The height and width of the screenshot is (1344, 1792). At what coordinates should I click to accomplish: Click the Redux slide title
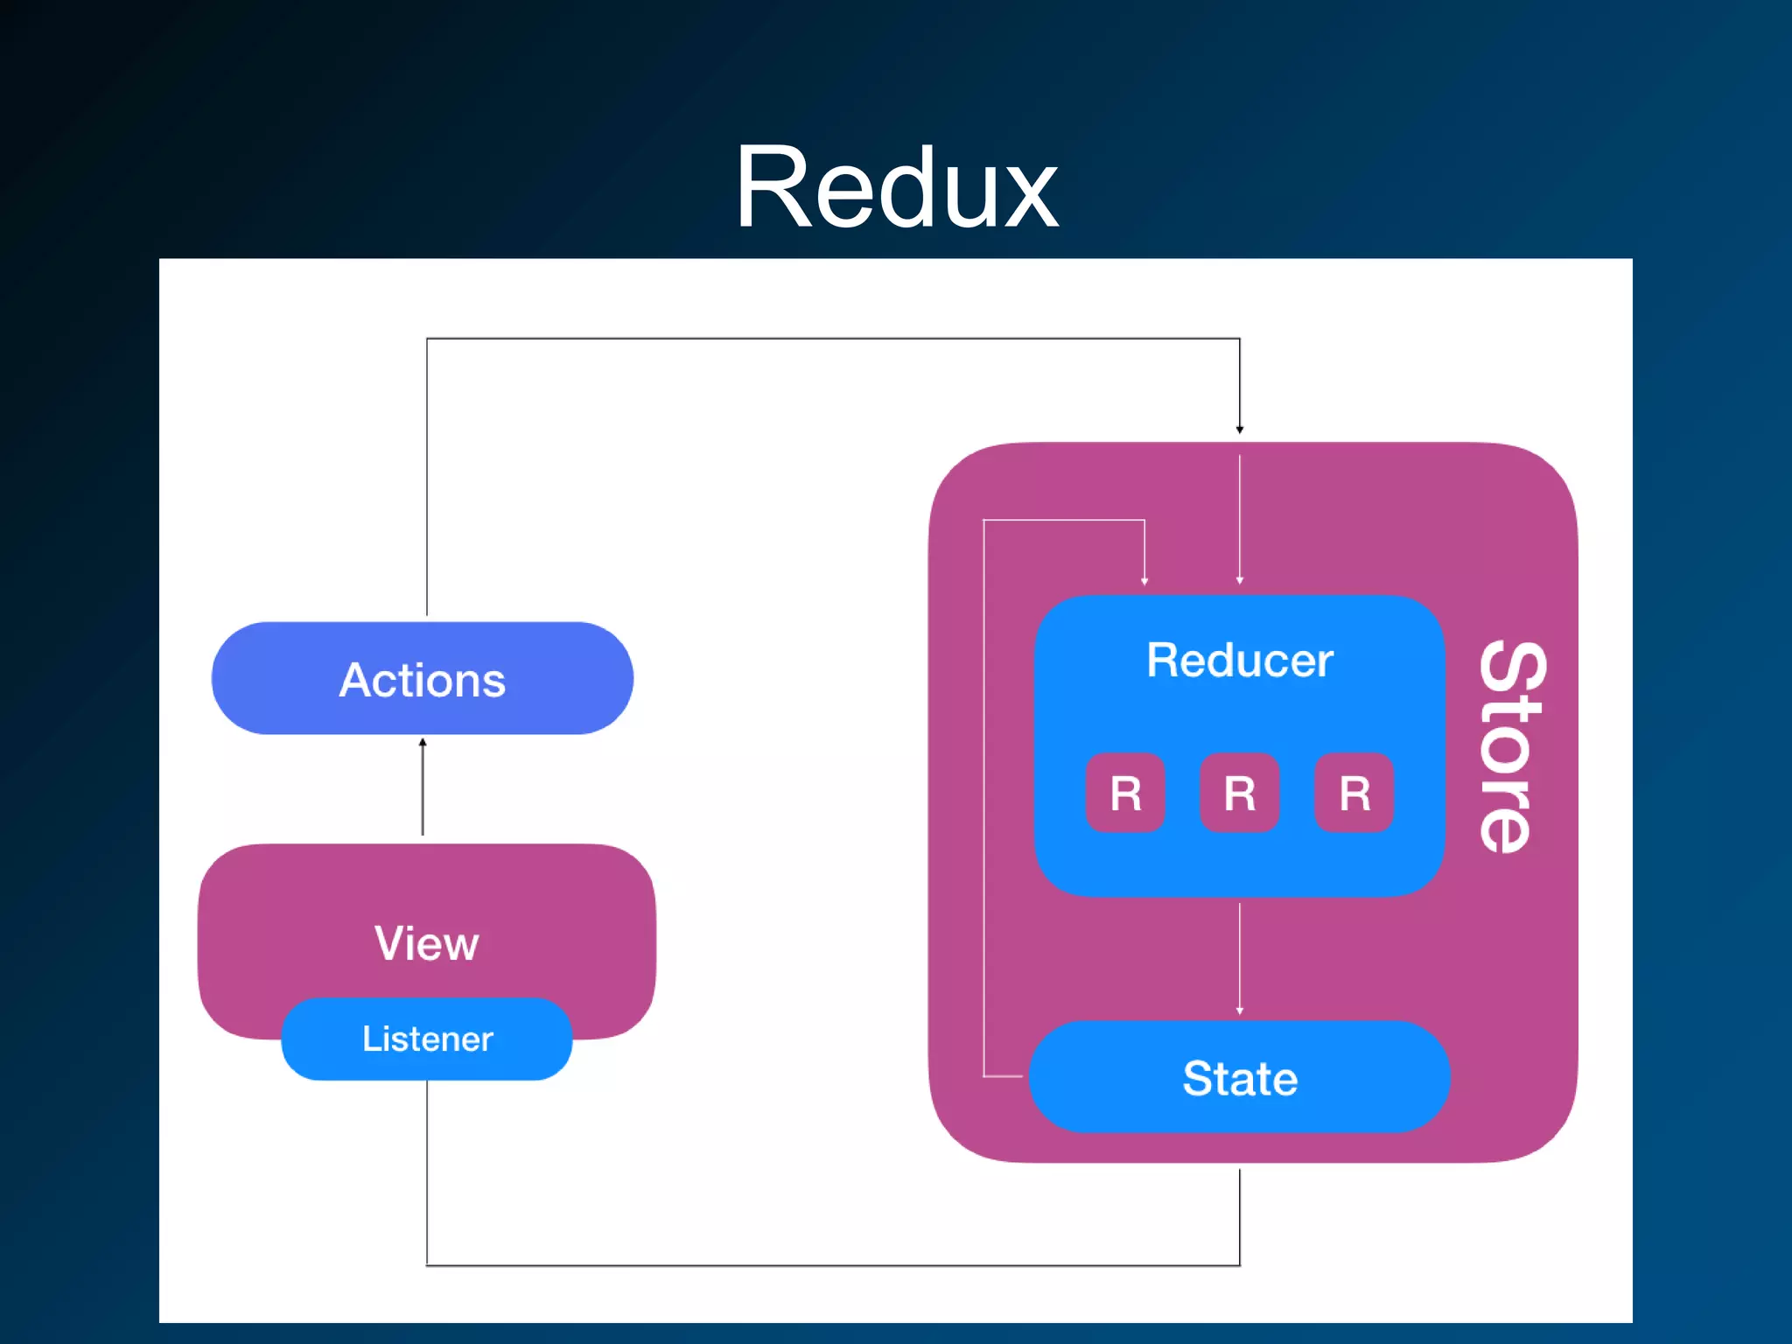tap(896, 188)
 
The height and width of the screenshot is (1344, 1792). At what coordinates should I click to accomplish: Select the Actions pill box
tap(422, 679)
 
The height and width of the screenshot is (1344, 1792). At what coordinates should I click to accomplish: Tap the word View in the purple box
tap(427, 943)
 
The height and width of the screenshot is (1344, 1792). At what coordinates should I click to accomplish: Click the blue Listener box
tap(427, 1039)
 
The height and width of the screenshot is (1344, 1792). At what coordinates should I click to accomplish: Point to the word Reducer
tap(1239, 661)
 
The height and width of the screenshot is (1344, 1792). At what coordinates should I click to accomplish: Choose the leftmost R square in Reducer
tap(1125, 793)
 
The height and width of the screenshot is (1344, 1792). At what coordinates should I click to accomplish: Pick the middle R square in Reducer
tap(1239, 793)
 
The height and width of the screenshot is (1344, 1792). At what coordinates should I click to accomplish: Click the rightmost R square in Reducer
tap(1354, 793)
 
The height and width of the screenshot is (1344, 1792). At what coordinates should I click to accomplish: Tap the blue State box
tap(1239, 1077)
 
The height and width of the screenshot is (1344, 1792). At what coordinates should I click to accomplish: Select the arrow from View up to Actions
tap(423, 787)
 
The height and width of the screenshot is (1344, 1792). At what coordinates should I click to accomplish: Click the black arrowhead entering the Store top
tap(1239, 429)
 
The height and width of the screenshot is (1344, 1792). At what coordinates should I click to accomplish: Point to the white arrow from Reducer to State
tap(1239, 958)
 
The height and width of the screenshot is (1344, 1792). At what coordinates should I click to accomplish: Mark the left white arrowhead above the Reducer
tap(1144, 580)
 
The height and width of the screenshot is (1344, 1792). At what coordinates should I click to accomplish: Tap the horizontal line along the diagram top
tap(831, 339)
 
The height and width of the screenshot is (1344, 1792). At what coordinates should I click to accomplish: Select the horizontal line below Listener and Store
tap(831, 1265)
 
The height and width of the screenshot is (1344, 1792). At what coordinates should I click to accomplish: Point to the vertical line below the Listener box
tap(427, 1172)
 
